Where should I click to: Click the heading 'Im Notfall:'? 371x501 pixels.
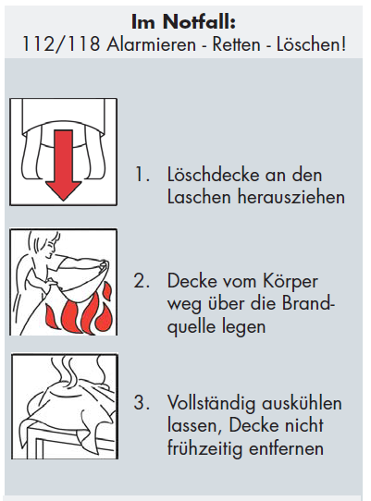click(183, 22)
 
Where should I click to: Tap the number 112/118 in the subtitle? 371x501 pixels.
click(61, 43)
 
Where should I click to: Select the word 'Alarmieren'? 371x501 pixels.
click(151, 43)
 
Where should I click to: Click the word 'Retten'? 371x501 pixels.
click(236, 44)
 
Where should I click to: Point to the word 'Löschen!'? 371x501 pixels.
click(311, 43)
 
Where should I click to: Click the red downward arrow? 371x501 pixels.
click(63, 165)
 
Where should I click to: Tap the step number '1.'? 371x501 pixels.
click(142, 175)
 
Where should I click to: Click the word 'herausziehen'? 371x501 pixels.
click(291, 197)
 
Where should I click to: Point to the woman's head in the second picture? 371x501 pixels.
click(47, 243)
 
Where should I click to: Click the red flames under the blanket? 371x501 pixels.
click(80, 312)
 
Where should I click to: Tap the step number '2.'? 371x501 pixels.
click(142, 281)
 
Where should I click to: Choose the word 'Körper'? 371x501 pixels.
click(291, 282)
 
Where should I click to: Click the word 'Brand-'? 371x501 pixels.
click(308, 303)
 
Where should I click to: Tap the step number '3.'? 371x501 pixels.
click(142, 402)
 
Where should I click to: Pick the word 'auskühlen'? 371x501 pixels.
click(303, 403)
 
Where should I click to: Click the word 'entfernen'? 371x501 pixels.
click(286, 448)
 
